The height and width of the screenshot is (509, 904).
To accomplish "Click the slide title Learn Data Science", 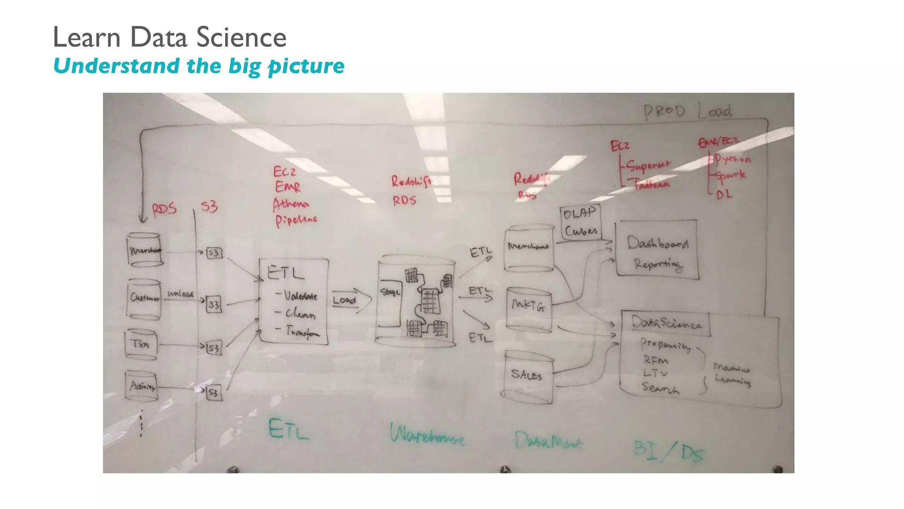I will coord(169,37).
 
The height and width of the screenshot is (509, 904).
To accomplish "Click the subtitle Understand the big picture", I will coord(199,66).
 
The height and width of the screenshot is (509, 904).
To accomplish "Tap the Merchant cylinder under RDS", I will coord(145,250).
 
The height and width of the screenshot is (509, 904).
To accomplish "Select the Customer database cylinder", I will coord(144,298).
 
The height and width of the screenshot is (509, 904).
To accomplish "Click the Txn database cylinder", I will coord(141,344).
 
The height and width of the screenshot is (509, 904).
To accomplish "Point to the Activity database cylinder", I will coord(142,386).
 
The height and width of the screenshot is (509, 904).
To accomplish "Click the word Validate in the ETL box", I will coord(300,296).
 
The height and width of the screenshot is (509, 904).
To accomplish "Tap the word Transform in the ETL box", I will coord(302,332).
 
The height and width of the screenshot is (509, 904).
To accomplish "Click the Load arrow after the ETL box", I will coord(351,300).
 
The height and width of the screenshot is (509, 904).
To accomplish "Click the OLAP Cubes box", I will coord(580,223).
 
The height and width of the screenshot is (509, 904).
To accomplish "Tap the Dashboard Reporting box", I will coord(657,250).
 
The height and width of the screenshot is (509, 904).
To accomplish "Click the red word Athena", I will coord(291,204).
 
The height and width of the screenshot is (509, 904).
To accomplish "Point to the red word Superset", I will coord(648,165).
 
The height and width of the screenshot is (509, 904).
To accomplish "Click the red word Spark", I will coord(731,175).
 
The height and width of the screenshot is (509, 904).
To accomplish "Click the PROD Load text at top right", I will coord(687,111).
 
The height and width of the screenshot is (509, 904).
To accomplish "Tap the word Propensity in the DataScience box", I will coord(665,345).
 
